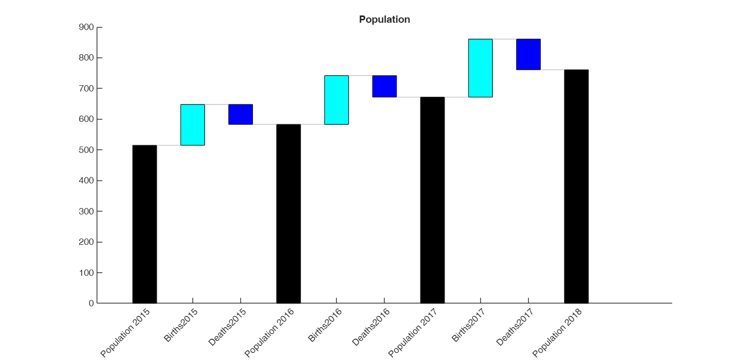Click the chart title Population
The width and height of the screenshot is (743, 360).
[x=384, y=19]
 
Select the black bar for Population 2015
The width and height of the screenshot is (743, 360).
[x=145, y=224]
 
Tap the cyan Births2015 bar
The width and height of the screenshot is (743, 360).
[x=193, y=125]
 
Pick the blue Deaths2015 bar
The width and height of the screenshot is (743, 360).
[x=240, y=114]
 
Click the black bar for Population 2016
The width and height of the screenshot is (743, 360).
[x=288, y=214]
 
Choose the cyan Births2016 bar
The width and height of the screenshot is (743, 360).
[x=336, y=100]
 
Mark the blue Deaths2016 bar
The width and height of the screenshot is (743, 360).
[x=384, y=86]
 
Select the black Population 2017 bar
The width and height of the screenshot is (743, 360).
[x=432, y=200]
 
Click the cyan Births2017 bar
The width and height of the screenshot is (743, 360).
[x=480, y=68]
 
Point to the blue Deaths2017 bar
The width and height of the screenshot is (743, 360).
[x=528, y=54]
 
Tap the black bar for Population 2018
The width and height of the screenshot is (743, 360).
[x=576, y=186]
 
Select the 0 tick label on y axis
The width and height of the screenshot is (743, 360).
[x=91, y=303]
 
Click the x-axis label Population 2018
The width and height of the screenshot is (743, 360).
[x=557, y=333]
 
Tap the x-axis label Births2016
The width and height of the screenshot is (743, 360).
[x=325, y=325]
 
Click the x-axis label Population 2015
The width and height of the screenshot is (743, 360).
[x=125, y=333]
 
